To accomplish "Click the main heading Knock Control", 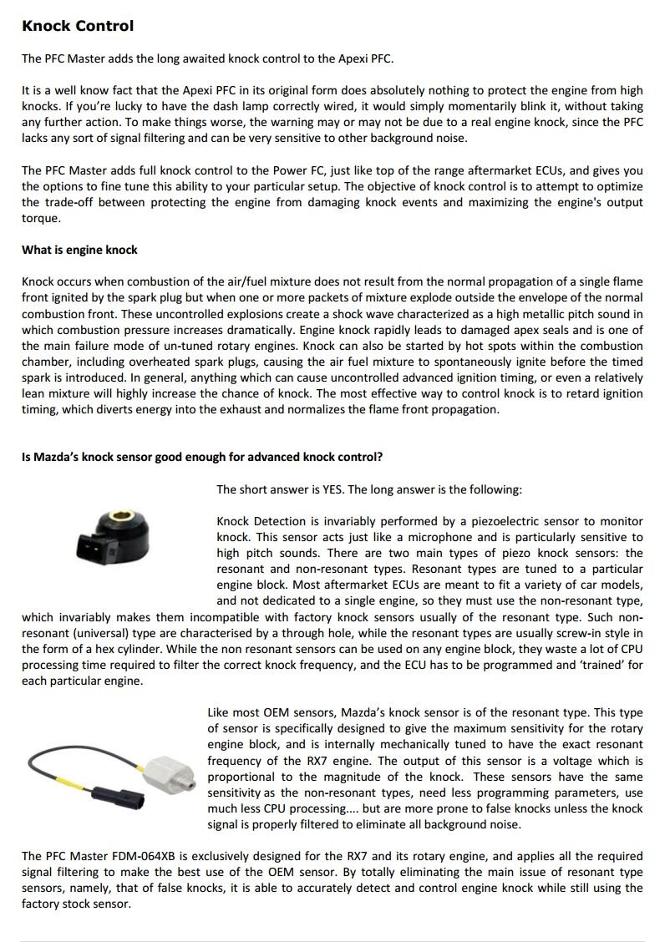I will point(77,26).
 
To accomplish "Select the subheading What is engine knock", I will point(79,250).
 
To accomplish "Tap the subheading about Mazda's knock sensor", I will point(202,457).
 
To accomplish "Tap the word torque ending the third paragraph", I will point(38,218).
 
